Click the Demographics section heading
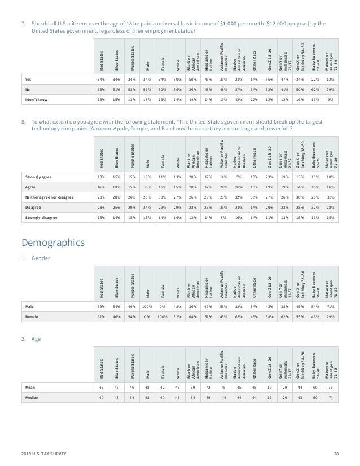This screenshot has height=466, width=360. pos(54,243)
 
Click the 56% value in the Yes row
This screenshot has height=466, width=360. pos(269,79)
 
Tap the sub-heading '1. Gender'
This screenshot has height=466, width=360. pos(35,258)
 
